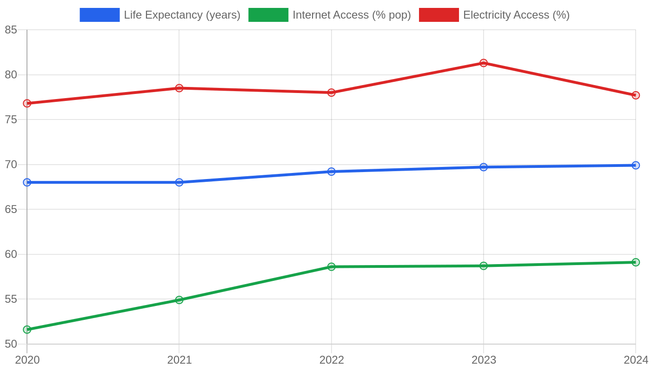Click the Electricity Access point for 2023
(483, 63)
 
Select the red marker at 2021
(179, 88)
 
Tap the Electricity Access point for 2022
(331, 93)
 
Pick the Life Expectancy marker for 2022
(331, 172)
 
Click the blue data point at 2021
(179, 182)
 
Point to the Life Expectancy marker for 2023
(483, 167)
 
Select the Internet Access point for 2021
(179, 299)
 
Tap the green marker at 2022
(331, 266)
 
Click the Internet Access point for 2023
(483, 266)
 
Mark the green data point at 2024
(636, 262)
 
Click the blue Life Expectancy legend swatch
(100, 15)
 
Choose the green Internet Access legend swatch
(268, 15)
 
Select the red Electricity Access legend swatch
(439, 15)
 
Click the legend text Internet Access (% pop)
(352, 15)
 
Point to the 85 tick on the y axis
(11, 30)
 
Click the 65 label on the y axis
(11, 209)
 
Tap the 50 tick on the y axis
(11, 344)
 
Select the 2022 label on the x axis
(332, 360)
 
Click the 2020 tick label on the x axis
(27, 360)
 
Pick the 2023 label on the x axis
(484, 360)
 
